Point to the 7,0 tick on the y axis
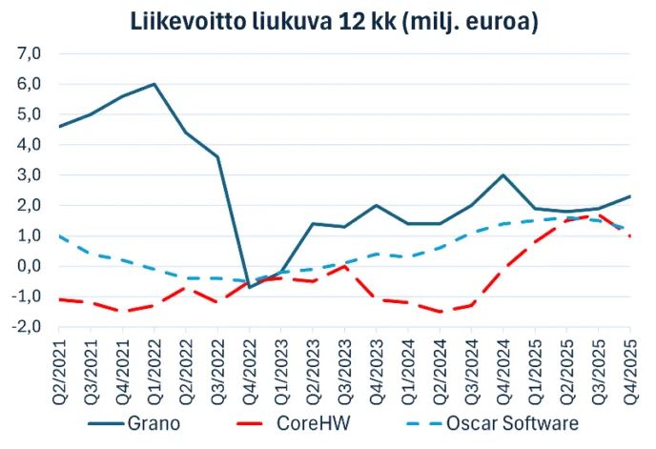tap(30, 53)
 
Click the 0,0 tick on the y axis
tap(30, 265)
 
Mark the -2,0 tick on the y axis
tap(27, 326)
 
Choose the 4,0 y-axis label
tap(30, 144)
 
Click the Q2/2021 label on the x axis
tap(59, 365)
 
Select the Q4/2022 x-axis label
tap(250, 365)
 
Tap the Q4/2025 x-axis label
tap(630, 365)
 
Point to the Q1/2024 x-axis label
tap(408, 365)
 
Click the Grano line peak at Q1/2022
tap(154, 84)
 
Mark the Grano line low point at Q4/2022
tap(250, 286)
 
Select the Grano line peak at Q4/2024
tap(503, 174)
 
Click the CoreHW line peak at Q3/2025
tap(599, 216)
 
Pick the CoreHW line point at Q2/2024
tap(440, 312)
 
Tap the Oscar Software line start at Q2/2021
tap(59, 235)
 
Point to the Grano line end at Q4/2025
tap(630, 196)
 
